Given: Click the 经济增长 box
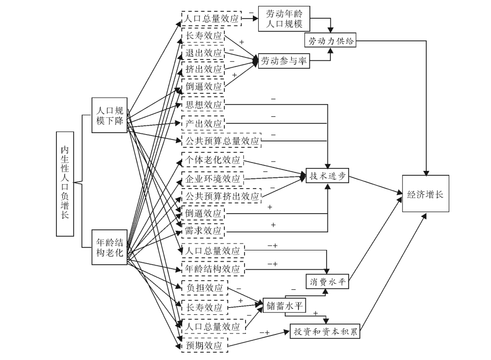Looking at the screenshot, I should pos(425,194).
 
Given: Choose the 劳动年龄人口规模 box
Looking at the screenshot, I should pos(284,19).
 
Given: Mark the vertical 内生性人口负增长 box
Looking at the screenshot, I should pos(65,183).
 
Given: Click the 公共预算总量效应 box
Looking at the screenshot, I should pos(221,140).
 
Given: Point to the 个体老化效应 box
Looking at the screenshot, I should pos(212,161).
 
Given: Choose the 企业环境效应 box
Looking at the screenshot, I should pos(212,179).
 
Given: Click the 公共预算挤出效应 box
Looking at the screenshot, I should pos(221,196).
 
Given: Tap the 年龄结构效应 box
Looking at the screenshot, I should pos(212,269).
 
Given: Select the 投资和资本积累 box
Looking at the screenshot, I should pos(325,331).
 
